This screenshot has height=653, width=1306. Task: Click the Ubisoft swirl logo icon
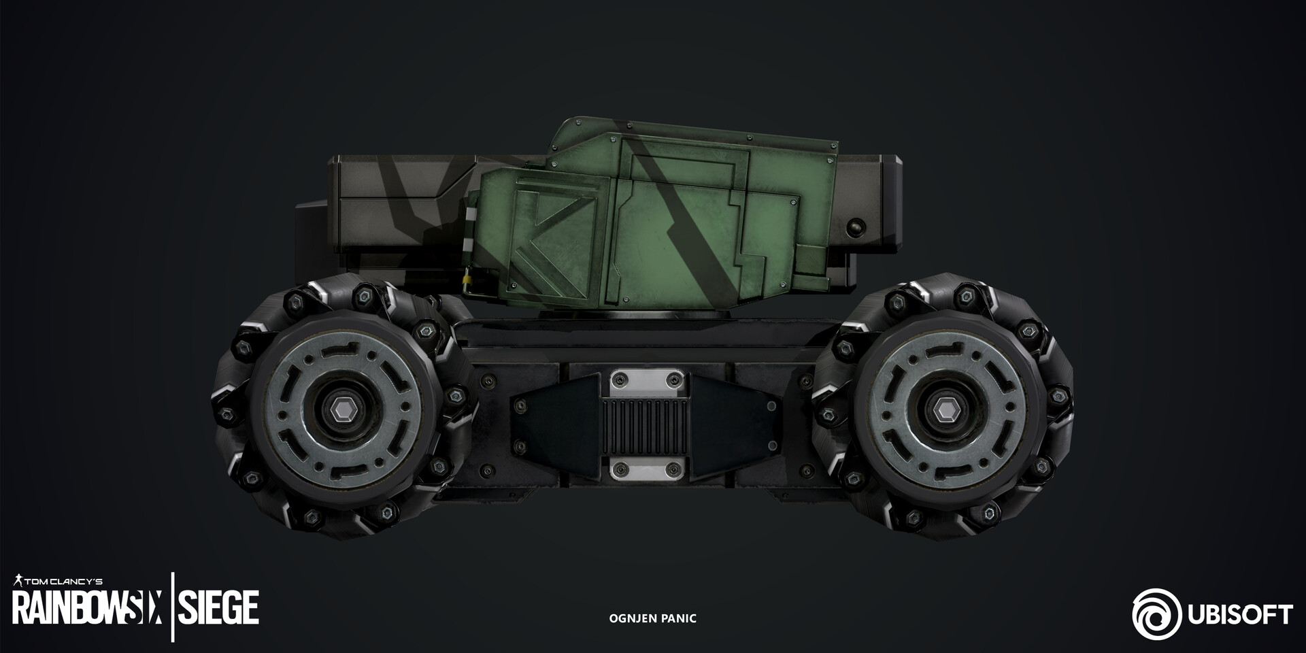click(x=1157, y=614)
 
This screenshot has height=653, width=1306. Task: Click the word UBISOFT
click(x=1239, y=615)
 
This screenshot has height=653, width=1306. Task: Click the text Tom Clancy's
click(x=64, y=582)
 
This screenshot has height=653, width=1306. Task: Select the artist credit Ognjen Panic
click(x=652, y=618)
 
